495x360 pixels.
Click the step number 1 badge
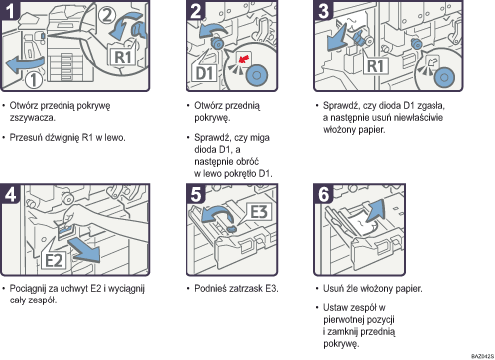pos(10,9)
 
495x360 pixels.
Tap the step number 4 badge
pos(10,193)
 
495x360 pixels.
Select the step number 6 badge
pos(323,193)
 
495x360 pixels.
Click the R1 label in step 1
pos(122,58)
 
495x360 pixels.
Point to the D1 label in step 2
pos(204,73)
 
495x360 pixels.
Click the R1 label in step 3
pos(375,66)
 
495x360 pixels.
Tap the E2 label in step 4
pos(54,260)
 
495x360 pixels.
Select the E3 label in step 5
pos(259,211)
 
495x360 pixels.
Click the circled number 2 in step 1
pos(106,15)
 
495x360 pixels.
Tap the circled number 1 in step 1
pos(34,80)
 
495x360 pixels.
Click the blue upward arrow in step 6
pos(375,210)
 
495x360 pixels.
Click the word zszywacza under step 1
pos(33,118)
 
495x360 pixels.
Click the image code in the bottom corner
pos(482,356)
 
